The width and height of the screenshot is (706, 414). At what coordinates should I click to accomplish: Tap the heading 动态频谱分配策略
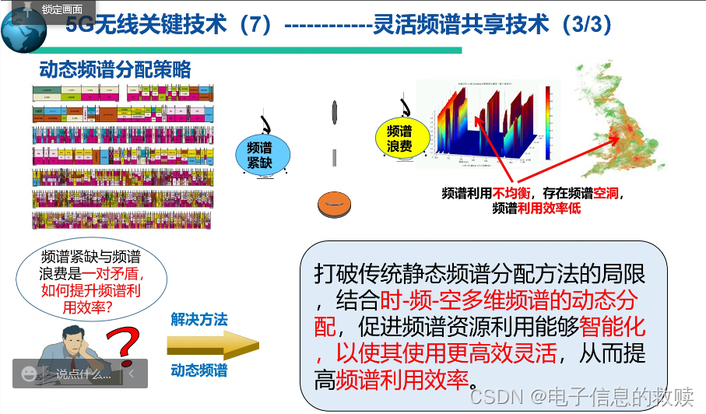(115, 70)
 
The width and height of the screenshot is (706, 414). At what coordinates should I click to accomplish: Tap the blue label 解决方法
(199, 319)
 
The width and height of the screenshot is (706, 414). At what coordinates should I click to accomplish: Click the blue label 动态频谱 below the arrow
(199, 370)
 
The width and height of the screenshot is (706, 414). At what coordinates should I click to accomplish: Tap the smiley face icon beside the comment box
(30, 374)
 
